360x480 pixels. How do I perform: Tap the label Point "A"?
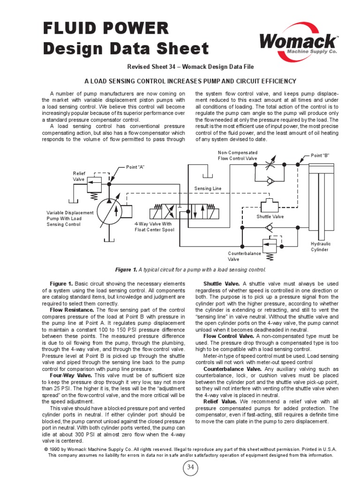135,167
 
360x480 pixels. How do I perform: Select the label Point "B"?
321,155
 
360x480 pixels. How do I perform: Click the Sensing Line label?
208,188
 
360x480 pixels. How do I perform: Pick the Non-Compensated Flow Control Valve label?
238,156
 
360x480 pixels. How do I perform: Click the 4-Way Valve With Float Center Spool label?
154,227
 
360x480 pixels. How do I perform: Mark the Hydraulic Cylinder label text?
321,247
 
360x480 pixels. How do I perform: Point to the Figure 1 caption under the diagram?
190,270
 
